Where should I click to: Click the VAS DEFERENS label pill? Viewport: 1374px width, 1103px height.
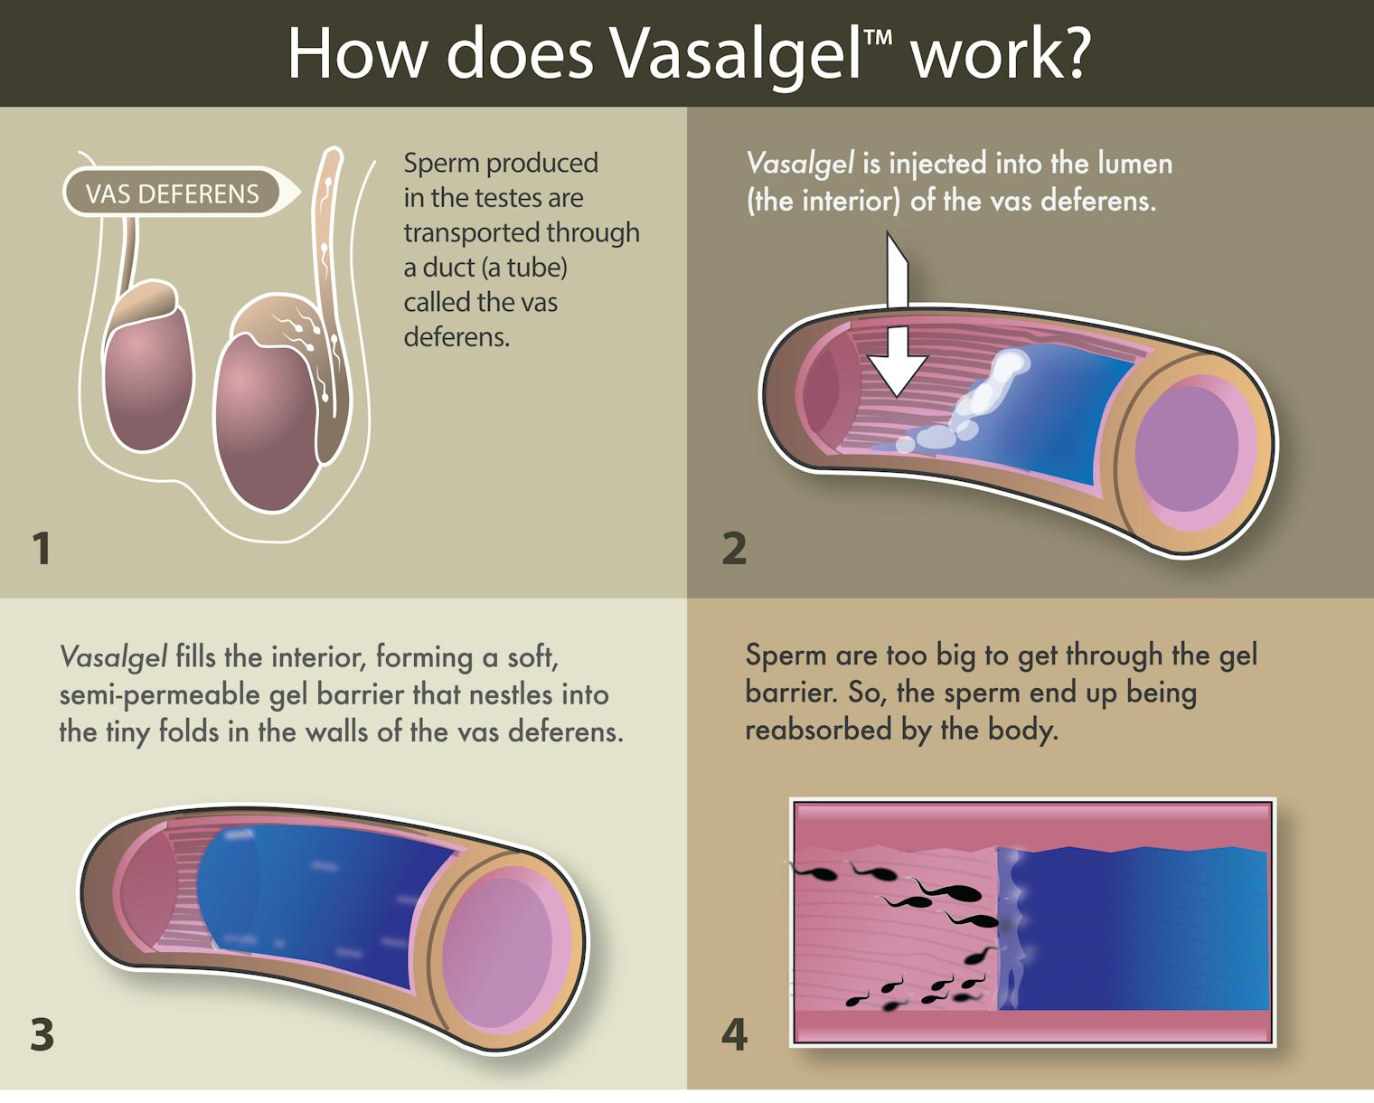(x=172, y=193)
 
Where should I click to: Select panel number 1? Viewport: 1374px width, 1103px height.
(x=42, y=548)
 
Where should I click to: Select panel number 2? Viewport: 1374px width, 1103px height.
(x=734, y=548)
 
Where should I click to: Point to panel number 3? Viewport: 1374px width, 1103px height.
(x=42, y=1034)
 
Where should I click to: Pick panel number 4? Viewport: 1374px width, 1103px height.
(x=734, y=1034)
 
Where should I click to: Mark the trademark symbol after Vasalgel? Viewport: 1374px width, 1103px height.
(x=878, y=38)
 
